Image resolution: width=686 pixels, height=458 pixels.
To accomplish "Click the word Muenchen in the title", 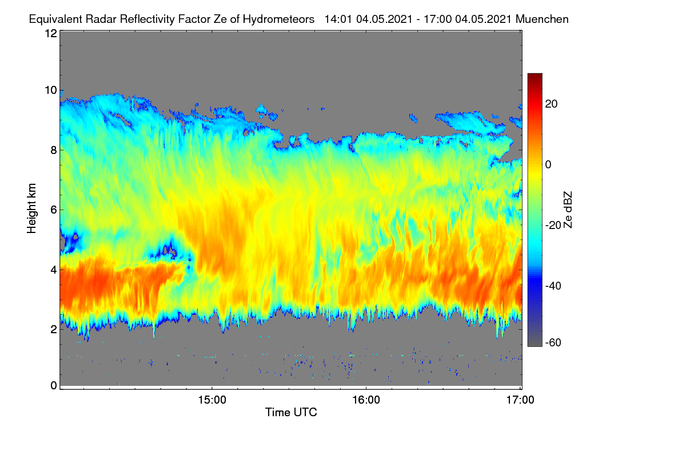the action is (542, 19).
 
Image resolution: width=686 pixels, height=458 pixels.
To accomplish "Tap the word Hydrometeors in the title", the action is (278, 19).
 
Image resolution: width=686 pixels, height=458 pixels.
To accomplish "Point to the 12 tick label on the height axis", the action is (51, 33).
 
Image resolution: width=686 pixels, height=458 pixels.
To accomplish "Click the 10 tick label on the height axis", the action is (51, 90).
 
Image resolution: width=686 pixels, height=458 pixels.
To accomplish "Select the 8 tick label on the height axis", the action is (54, 150).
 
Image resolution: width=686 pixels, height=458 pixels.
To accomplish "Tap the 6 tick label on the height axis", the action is (54, 210).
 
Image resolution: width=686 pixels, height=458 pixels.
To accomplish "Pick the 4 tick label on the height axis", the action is (54, 270).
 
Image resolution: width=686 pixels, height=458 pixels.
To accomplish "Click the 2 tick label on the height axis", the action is (54, 329).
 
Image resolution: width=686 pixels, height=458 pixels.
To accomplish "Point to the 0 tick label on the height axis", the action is (54, 386).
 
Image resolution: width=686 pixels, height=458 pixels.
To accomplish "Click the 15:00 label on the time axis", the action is (212, 400).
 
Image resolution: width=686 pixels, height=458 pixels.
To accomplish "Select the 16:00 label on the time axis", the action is (366, 400).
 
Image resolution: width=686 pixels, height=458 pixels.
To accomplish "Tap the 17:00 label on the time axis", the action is (520, 400).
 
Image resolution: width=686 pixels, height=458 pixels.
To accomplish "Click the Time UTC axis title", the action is (291, 412).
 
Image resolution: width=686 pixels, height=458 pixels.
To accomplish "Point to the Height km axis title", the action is (31, 208).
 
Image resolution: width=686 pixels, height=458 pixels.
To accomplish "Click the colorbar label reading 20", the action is (551, 104).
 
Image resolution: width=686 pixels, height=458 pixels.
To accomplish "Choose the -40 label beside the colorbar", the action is (553, 286).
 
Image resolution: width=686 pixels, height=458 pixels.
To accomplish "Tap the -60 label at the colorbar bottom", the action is (553, 343).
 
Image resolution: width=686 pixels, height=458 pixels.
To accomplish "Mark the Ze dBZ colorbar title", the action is (568, 210).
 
